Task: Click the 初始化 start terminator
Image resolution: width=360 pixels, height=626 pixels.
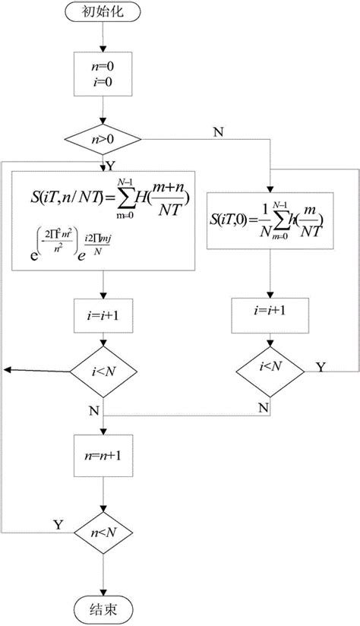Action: click(x=104, y=13)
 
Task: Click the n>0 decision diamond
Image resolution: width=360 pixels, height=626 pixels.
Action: click(x=104, y=140)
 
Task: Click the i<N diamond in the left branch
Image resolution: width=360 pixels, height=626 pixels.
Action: click(x=104, y=370)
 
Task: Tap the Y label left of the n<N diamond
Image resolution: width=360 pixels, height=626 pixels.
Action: click(x=57, y=524)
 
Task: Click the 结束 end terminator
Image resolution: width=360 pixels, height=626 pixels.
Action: click(x=104, y=605)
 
